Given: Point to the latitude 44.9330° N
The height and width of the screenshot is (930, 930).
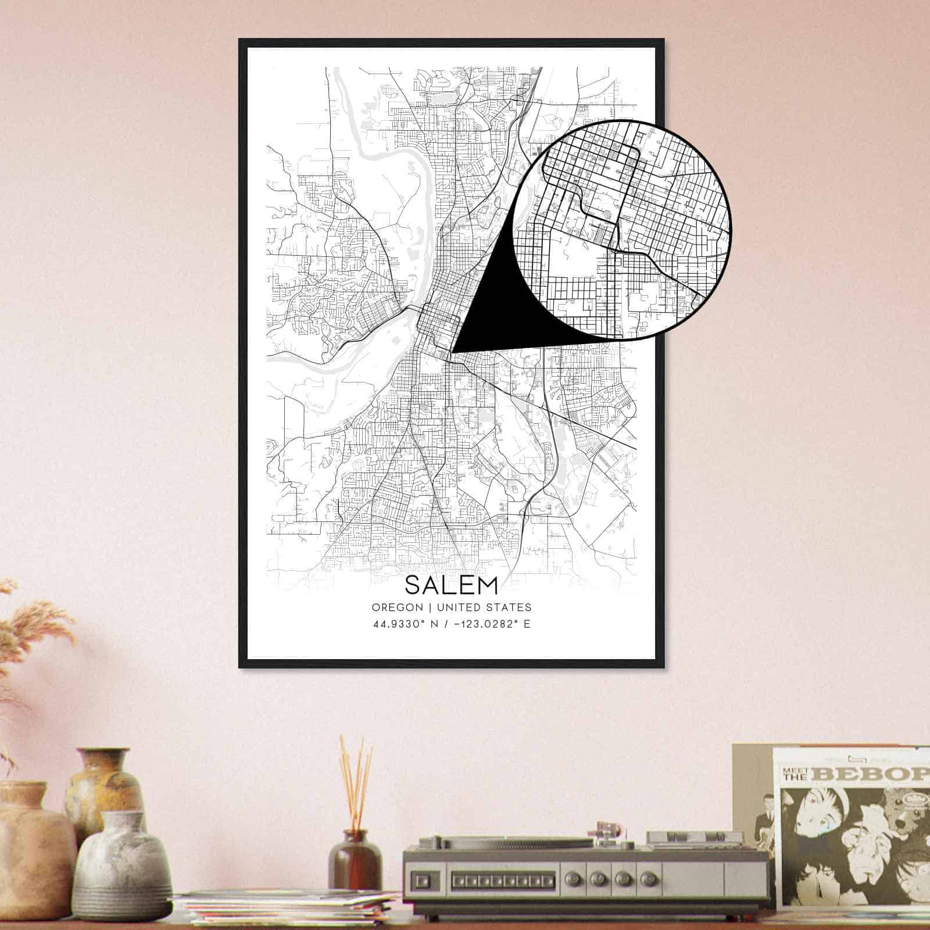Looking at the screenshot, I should [407, 625].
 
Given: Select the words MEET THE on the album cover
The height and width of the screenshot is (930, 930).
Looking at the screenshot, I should [797, 773].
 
